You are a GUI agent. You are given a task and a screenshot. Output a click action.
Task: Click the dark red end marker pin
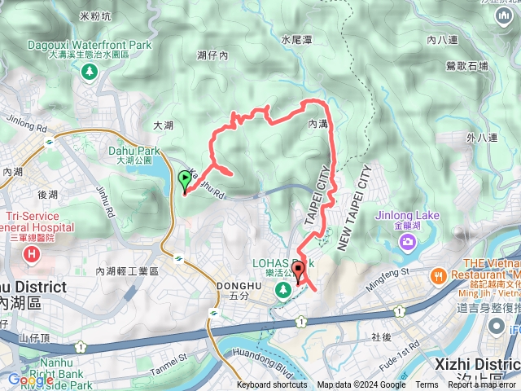coord(299,271)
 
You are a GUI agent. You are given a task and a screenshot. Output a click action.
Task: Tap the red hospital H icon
coord(32,255)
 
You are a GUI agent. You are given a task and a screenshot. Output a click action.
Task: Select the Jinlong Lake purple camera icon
coord(405,242)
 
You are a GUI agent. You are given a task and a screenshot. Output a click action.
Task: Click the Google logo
coord(31,380)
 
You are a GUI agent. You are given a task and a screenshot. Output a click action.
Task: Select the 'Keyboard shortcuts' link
coord(272,385)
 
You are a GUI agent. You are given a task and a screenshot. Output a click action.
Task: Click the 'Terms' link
coord(427,385)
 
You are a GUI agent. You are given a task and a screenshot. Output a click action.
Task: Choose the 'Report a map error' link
coord(483,385)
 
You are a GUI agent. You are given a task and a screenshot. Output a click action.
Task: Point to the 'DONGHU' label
coord(238,285)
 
